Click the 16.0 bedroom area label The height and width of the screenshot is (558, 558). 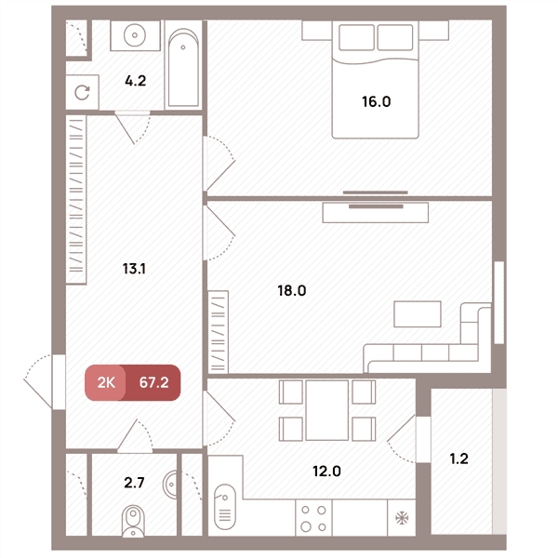[x=376, y=101]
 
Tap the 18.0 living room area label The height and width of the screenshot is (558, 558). [x=292, y=291]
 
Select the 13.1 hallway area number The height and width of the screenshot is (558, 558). [x=134, y=269]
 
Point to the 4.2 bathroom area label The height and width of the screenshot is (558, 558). [x=135, y=81]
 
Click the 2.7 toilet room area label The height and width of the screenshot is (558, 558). [x=134, y=483]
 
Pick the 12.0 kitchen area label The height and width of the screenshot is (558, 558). [x=326, y=472]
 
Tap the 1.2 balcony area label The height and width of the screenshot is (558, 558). [x=459, y=458]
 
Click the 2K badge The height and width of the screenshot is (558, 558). [x=105, y=382]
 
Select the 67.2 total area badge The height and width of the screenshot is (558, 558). [x=153, y=382]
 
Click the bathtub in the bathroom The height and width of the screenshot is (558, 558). [x=183, y=68]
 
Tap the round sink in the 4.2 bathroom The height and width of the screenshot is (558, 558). [x=135, y=35]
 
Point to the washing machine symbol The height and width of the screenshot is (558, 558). [x=82, y=92]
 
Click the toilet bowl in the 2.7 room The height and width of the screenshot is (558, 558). [x=133, y=522]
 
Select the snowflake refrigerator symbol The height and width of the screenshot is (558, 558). [x=402, y=518]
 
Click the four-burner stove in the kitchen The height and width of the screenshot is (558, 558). [x=313, y=518]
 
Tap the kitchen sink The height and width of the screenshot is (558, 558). [x=225, y=507]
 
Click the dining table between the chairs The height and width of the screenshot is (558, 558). [x=327, y=410]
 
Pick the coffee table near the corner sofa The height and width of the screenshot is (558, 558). [x=418, y=314]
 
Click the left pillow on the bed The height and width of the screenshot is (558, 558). [x=356, y=37]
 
